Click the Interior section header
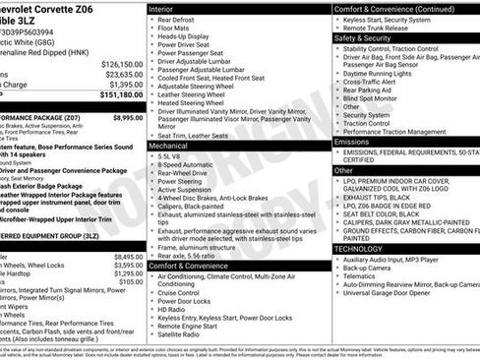tap(161, 9)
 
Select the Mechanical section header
tap(168, 145)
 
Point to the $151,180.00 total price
tap(122, 95)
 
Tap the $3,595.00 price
tap(128, 266)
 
